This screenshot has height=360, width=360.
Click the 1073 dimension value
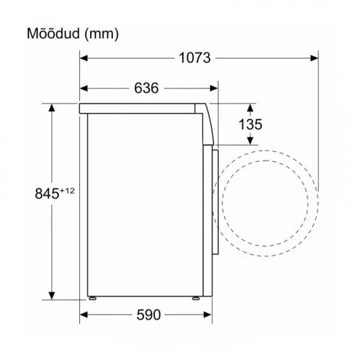coord(194,58)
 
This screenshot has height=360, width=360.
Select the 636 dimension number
coord(146,88)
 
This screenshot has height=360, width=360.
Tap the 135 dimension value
coord(251,125)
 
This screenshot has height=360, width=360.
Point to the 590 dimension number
coord(148,315)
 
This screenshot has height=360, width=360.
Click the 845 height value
coord(47,194)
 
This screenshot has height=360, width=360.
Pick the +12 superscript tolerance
coord(67,191)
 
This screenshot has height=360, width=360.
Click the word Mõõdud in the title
coord(53,33)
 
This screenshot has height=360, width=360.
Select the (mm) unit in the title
coord(102,34)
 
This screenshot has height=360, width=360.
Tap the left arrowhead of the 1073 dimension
coord(84,58)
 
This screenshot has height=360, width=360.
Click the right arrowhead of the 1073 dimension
coord(314,58)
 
